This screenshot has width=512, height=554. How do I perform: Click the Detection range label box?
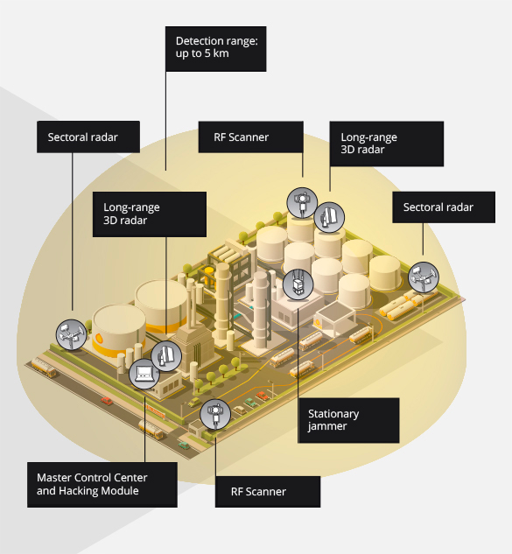[215, 49]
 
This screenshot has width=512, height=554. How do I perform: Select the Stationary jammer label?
[348, 420]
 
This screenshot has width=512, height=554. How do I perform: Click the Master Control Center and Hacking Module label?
[102, 485]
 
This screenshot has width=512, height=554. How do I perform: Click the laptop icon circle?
[144, 374]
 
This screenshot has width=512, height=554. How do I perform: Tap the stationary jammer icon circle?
[298, 284]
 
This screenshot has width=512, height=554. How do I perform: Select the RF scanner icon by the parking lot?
[215, 415]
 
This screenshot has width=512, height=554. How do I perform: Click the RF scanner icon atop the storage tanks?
[302, 203]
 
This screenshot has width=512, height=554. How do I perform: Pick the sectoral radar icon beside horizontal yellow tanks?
[424, 277]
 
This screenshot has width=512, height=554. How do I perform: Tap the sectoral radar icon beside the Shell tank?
[72, 334]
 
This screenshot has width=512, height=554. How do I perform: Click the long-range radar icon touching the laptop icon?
[166, 356]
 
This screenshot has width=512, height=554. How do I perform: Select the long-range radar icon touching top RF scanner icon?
[329, 217]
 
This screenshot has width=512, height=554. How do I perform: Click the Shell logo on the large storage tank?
[99, 339]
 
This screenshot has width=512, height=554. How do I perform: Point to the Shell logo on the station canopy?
[318, 323]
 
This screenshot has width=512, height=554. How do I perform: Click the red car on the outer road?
[107, 401]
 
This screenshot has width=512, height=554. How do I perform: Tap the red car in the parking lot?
[262, 396]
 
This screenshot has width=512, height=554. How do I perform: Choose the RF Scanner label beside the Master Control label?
[268, 492]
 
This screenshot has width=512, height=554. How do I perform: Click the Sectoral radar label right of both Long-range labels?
[444, 207]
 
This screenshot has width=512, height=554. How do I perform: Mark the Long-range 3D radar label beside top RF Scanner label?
[387, 144]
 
